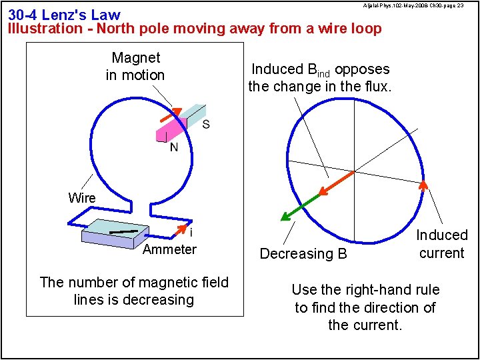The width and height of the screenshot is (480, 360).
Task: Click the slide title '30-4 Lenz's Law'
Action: [64, 15]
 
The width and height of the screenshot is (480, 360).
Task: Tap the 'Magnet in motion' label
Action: [135, 67]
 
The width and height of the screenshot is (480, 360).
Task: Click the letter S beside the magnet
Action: [205, 124]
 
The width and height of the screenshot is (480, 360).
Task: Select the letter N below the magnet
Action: [173, 147]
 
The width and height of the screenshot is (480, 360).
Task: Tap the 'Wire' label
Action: [81, 198]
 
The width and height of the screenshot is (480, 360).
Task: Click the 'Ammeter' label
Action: [169, 249]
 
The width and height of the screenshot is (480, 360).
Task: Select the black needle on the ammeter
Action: [123, 231]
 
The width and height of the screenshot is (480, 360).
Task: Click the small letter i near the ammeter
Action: [191, 233]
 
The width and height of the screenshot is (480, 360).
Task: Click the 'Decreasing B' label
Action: [303, 253]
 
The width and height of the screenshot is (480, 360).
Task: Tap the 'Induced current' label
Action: [441, 244]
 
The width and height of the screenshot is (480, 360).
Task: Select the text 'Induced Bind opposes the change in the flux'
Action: [320, 77]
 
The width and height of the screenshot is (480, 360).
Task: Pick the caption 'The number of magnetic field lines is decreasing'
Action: [134, 291]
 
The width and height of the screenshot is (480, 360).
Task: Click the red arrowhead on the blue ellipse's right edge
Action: [422, 185]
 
